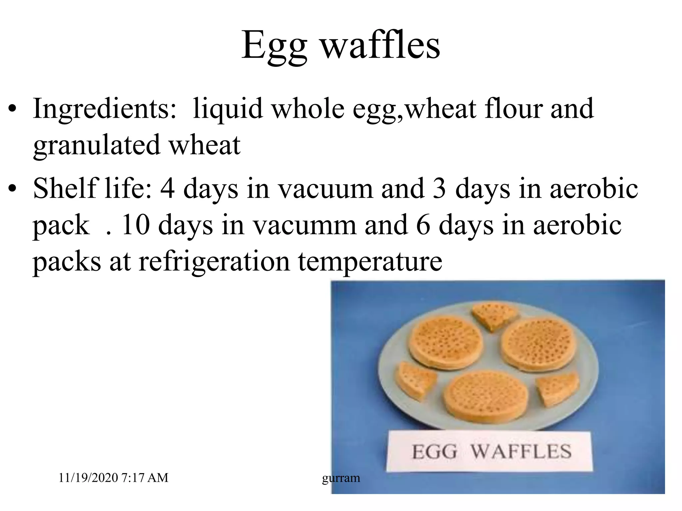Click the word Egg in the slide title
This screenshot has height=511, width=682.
tap(274, 46)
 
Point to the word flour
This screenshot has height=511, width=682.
tap(513, 108)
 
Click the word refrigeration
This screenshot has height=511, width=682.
tap(214, 261)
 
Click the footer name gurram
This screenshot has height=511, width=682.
tap(341, 478)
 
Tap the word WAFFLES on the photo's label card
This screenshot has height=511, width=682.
tap(521, 451)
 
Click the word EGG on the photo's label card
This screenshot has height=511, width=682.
tap(434, 452)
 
